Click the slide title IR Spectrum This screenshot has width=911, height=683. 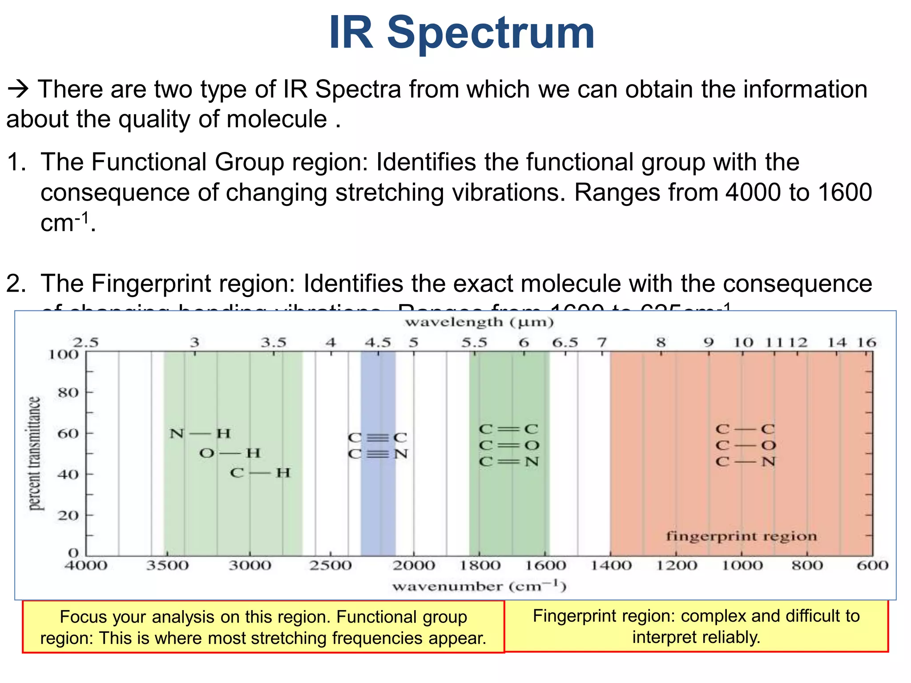[461, 33]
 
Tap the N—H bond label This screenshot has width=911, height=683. [200, 433]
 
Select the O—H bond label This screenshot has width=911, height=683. [230, 453]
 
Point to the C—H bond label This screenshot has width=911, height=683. [260, 473]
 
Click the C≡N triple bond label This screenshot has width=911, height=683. [378, 454]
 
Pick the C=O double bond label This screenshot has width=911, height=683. [509, 445]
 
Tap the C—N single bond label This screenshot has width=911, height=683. [746, 462]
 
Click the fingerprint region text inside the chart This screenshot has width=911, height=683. [741, 536]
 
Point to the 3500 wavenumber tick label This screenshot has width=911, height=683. [168, 566]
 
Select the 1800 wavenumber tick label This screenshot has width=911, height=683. [480, 566]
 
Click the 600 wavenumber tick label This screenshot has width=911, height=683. [872, 566]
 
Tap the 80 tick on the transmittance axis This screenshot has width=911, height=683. [68, 393]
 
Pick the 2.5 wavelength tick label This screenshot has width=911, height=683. [85, 342]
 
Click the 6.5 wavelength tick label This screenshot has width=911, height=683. [565, 342]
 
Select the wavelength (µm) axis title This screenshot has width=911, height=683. [479, 322]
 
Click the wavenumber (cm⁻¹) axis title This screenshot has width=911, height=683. [479, 587]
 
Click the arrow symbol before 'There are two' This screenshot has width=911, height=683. [18, 90]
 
